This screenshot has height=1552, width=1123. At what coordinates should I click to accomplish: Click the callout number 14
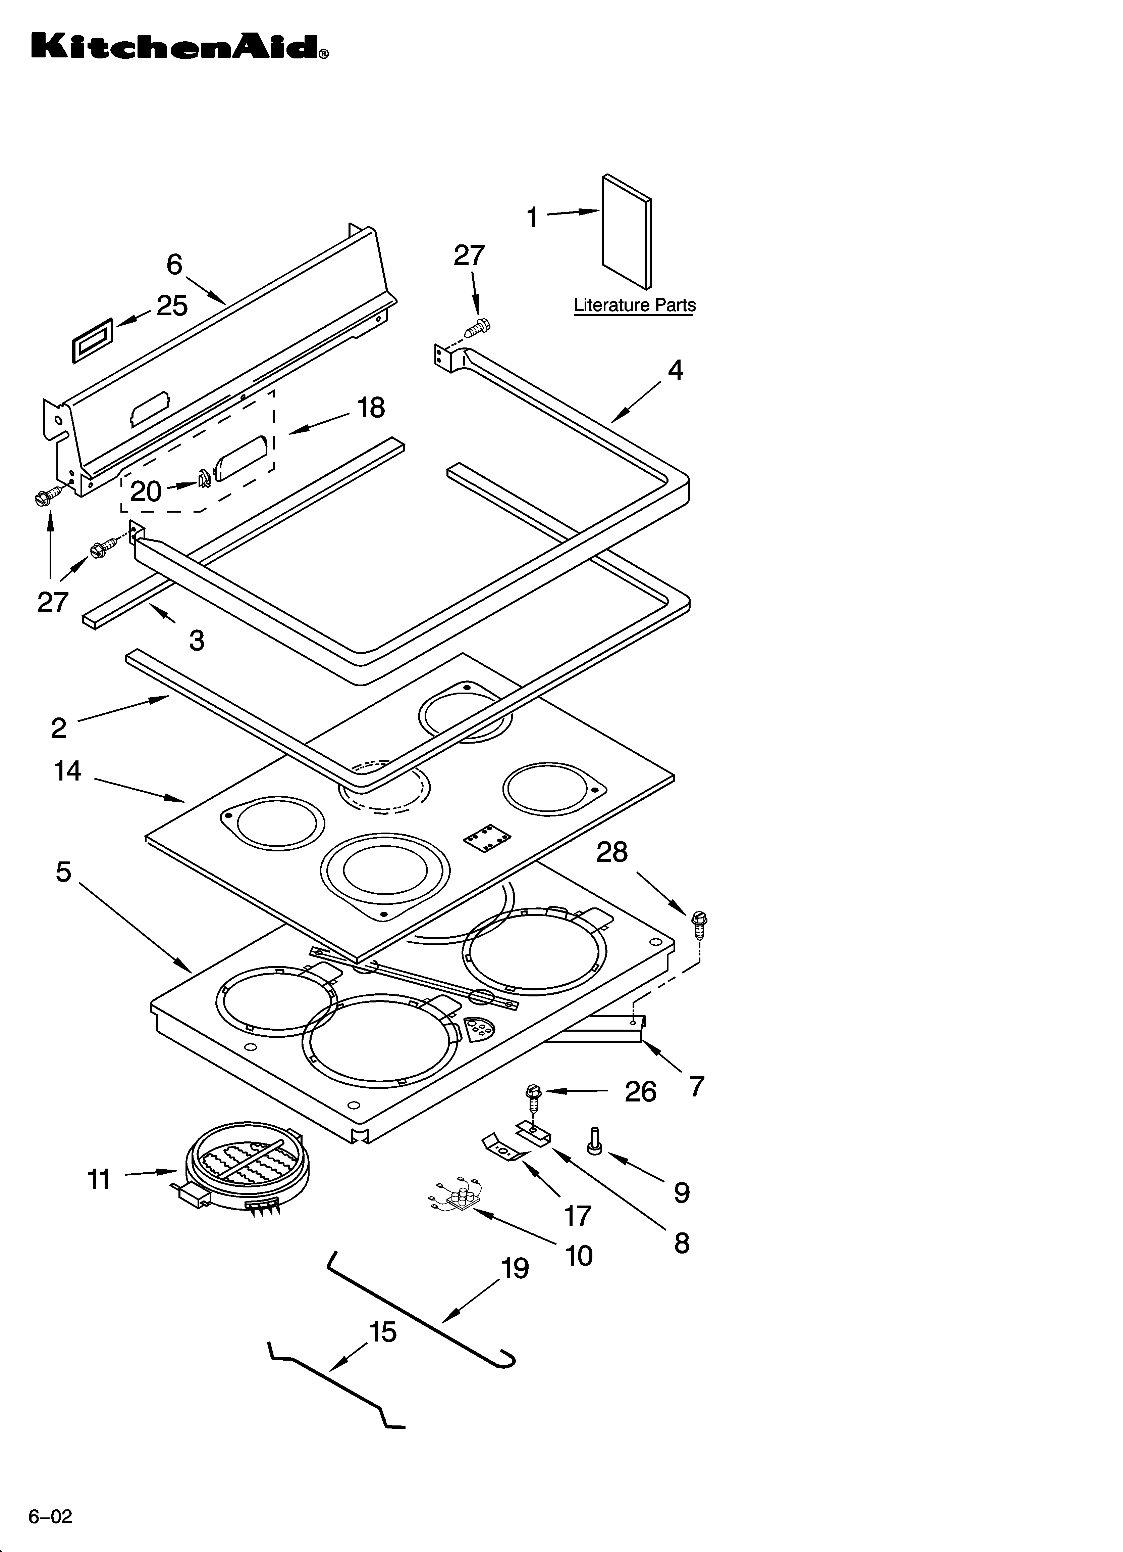pyautogui.click(x=68, y=771)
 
